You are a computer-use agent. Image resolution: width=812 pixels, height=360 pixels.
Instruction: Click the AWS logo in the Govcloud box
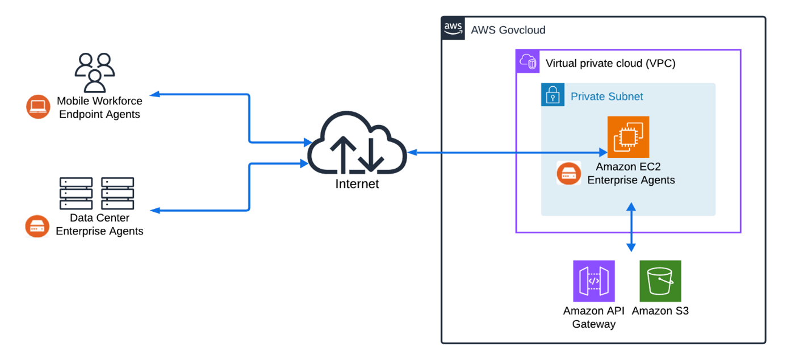click(x=453, y=28)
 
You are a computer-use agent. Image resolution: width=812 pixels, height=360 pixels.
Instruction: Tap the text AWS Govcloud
click(x=508, y=30)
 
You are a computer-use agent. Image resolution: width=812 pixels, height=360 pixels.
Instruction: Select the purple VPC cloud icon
click(x=528, y=61)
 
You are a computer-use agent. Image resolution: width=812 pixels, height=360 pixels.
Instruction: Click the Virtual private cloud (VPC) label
click(x=610, y=63)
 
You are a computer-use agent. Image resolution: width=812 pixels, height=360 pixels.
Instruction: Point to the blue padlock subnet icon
click(x=553, y=95)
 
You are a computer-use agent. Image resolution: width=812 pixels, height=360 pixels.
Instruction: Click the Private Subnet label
click(x=606, y=97)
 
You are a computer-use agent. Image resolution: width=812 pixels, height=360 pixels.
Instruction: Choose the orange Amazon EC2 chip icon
click(x=628, y=137)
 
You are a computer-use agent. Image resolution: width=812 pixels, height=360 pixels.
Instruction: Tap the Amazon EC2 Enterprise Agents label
click(x=631, y=174)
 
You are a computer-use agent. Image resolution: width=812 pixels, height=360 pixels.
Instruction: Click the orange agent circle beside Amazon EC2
click(x=568, y=174)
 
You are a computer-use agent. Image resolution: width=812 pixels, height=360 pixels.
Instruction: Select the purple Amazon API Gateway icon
click(x=594, y=281)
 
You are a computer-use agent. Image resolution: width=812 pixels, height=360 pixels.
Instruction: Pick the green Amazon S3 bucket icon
click(x=660, y=281)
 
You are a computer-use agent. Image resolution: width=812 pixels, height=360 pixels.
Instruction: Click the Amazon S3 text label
click(x=660, y=311)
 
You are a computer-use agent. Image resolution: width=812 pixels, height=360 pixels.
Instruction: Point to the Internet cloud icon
click(x=357, y=145)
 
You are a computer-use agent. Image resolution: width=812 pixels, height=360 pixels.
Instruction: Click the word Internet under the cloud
click(x=357, y=184)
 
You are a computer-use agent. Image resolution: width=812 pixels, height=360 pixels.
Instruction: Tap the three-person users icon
click(x=94, y=72)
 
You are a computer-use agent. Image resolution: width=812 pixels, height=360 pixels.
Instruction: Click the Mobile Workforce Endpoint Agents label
click(x=99, y=107)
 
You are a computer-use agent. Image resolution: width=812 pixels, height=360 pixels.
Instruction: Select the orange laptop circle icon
click(x=38, y=107)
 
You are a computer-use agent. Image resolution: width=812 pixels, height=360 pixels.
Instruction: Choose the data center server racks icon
click(x=97, y=193)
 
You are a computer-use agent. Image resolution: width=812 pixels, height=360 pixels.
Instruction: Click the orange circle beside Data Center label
click(x=37, y=226)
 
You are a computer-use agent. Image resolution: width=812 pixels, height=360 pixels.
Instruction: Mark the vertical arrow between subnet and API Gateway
click(x=630, y=227)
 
